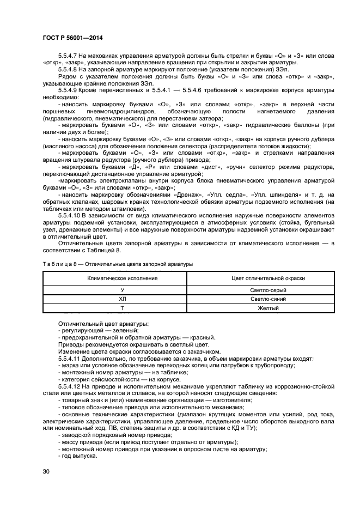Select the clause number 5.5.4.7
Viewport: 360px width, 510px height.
(70, 56)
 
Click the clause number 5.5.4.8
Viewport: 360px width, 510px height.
(70, 69)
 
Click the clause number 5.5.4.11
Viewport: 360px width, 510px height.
(71, 359)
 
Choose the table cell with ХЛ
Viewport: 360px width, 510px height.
(114, 299)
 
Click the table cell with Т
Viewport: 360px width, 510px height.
(114, 308)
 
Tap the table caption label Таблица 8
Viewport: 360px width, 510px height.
(59, 264)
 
